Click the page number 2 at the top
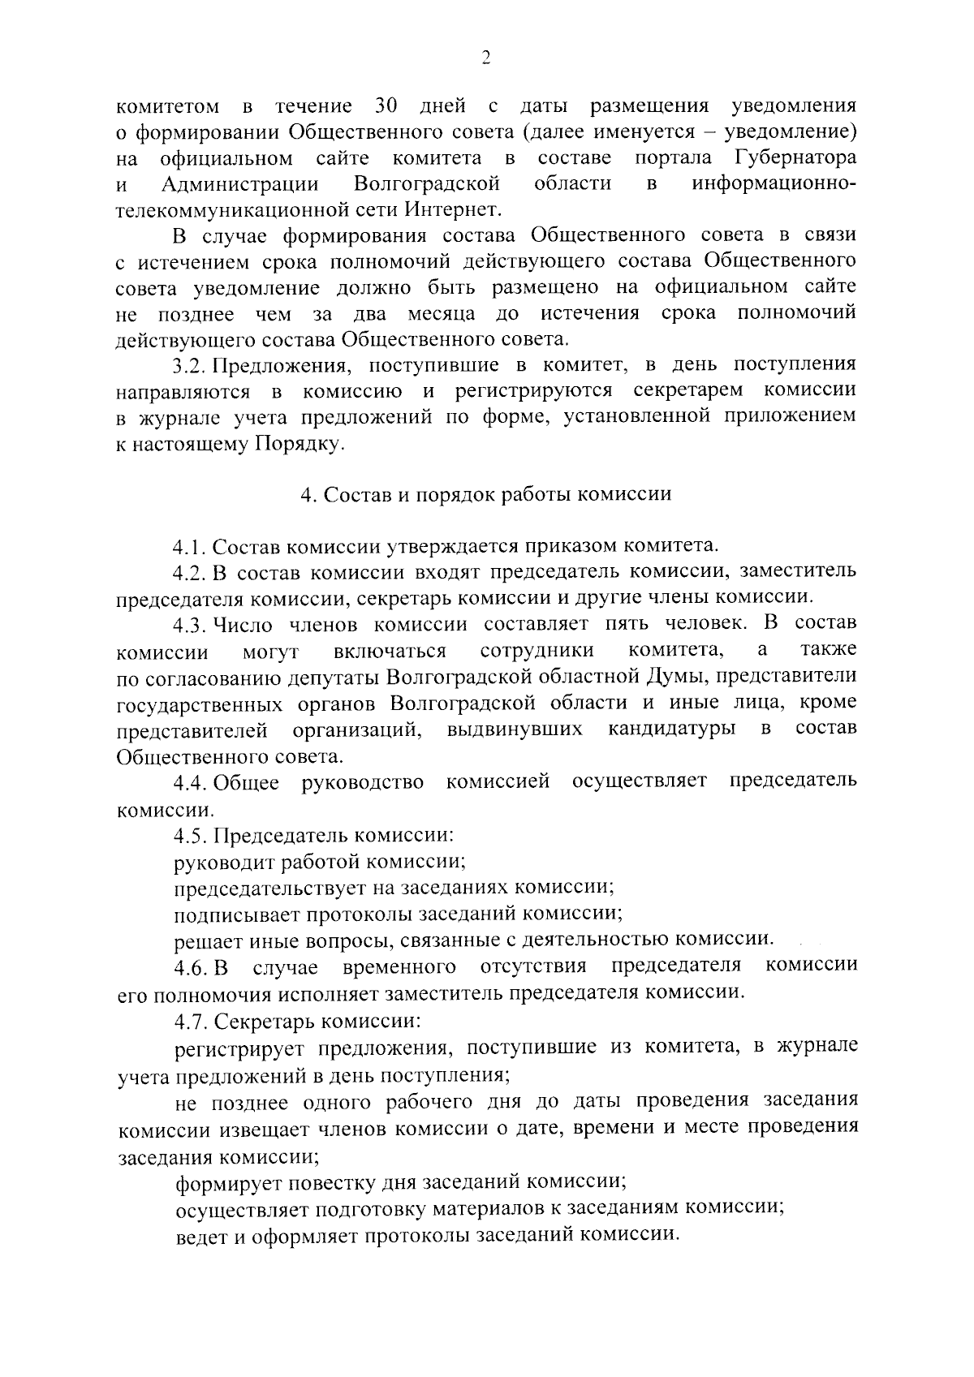click(x=486, y=57)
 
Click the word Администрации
click(x=239, y=183)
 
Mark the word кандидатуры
click(x=673, y=729)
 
